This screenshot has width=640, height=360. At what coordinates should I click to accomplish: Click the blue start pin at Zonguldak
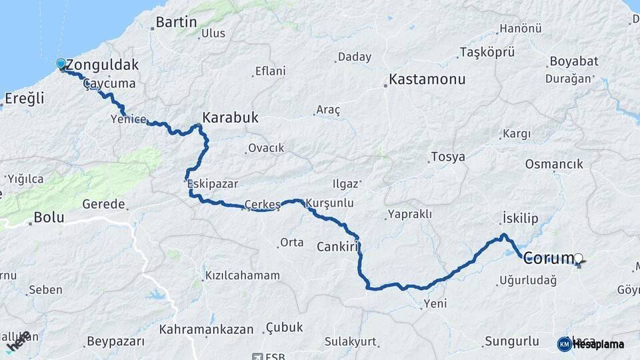tap(61, 64)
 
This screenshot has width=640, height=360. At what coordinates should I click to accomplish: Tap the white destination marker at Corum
tap(579, 258)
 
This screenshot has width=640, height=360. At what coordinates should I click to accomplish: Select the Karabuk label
tap(230, 118)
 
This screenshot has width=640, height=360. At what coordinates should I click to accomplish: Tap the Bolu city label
tap(49, 217)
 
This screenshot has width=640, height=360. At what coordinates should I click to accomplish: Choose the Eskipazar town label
tap(213, 183)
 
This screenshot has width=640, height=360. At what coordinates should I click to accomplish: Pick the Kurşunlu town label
tap(330, 203)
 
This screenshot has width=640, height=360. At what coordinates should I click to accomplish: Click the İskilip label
tap(519, 219)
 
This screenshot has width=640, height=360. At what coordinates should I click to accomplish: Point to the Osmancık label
tap(554, 164)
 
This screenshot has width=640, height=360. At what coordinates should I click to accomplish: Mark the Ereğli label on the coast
tap(24, 99)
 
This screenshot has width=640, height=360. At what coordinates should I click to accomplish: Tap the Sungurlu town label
tap(511, 342)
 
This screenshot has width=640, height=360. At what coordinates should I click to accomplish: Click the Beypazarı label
tap(115, 342)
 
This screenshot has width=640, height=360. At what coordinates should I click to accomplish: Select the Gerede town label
tap(103, 203)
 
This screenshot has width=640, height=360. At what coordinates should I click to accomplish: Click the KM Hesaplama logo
tap(591, 344)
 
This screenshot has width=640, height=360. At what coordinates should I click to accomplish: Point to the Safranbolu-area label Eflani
tap(270, 71)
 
